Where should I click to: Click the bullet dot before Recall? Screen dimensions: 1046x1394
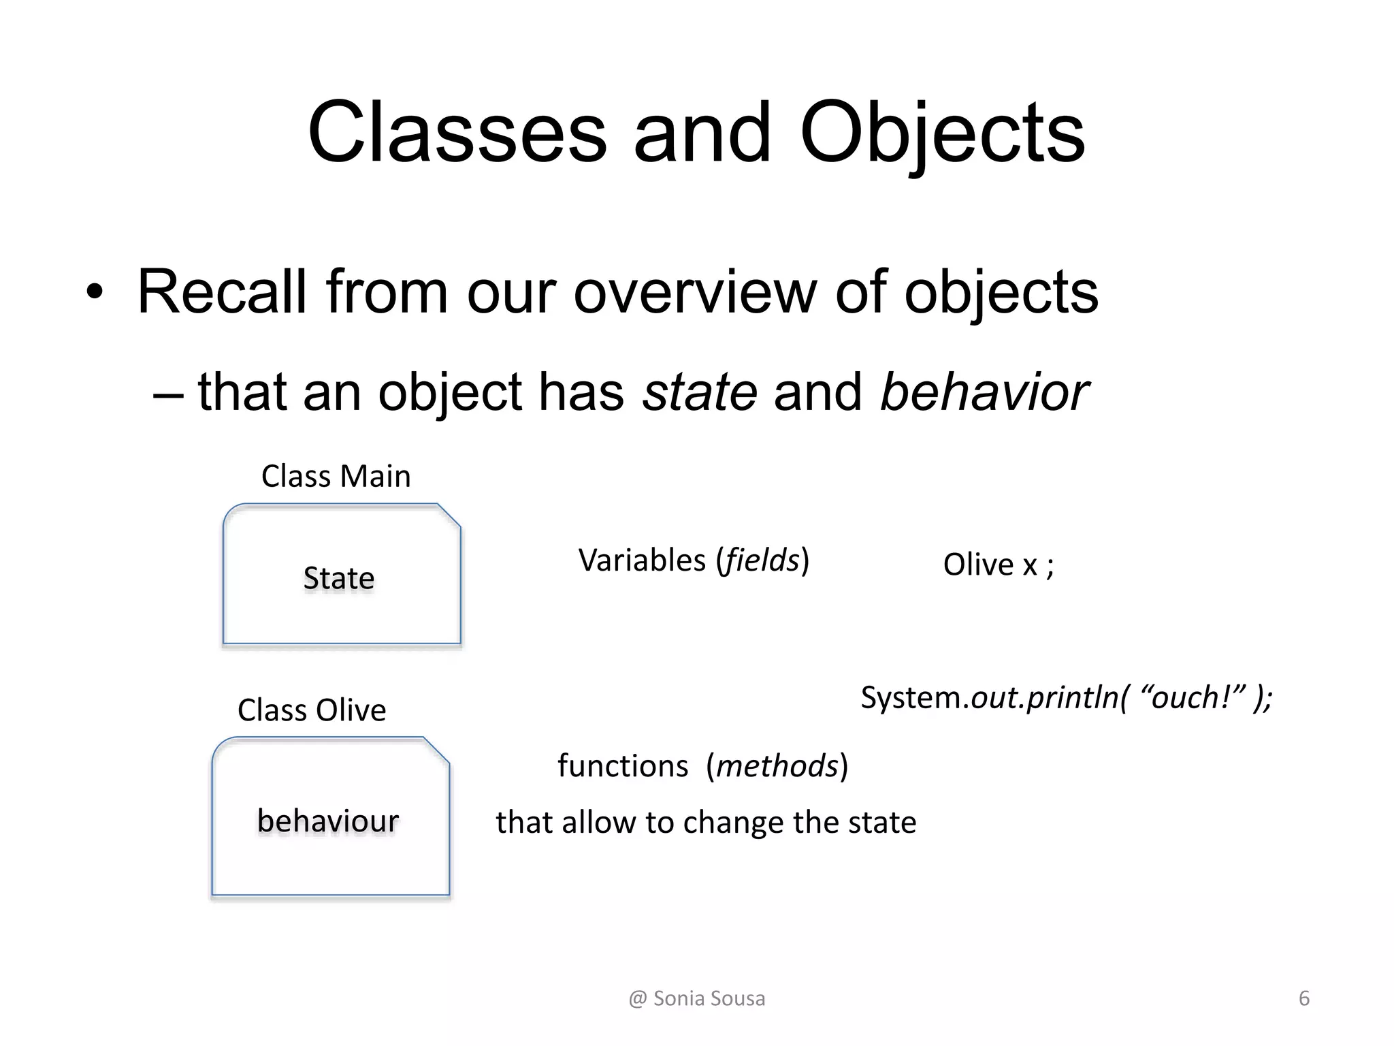click(95, 293)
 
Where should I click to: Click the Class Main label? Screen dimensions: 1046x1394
click(336, 476)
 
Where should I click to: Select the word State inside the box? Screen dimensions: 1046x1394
click(339, 578)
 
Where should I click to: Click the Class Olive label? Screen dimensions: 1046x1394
click(312, 710)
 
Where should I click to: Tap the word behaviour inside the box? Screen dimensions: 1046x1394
click(327, 821)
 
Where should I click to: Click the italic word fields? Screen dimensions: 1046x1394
click(762, 560)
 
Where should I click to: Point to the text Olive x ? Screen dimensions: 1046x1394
click(998, 565)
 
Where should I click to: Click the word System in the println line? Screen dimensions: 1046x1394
click(911, 697)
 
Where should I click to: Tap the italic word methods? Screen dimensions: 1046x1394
click(777, 766)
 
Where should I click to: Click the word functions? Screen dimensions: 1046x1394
click(623, 766)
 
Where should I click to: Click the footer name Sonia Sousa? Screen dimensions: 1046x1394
click(709, 998)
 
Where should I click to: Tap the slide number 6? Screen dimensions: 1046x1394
click(1303, 998)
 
